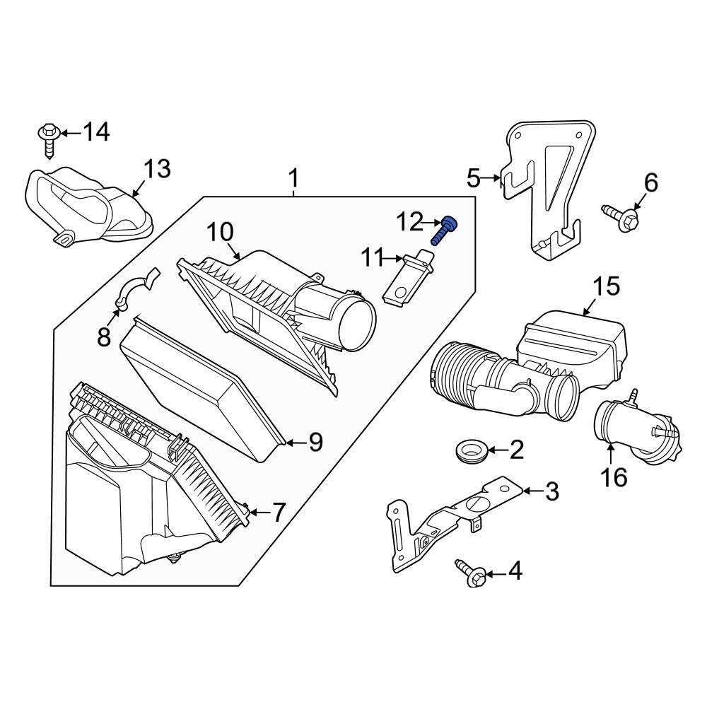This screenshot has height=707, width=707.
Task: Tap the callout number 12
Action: [x=409, y=222]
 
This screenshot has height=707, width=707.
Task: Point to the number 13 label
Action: [x=157, y=170]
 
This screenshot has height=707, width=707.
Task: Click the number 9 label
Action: [x=315, y=443]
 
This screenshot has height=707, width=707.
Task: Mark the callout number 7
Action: [x=279, y=512]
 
